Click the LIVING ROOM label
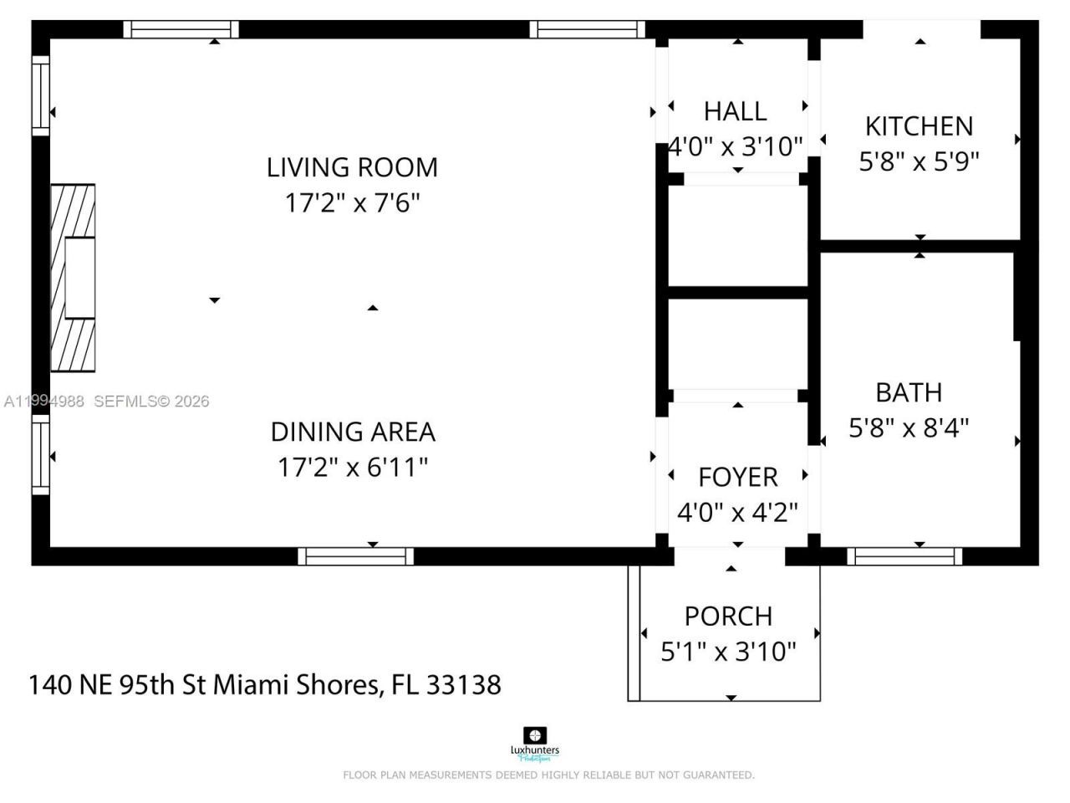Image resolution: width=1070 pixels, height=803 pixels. pyautogui.click(x=352, y=167)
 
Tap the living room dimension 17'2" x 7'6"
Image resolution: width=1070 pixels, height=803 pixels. pyautogui.click(x=352, y=203)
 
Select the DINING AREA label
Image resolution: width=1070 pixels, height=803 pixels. pyautogui.click(x=352, y=432)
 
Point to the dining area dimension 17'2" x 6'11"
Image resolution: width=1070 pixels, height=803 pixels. pyautogui.click(x=352, y=467)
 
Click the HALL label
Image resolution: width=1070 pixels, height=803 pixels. pyautogui.click(x=735, y=111)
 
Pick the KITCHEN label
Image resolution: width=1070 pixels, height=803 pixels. pyautogui.click(x=919, y=126)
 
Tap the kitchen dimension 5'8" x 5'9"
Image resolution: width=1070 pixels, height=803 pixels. pyautogui.click(x=919, y=161)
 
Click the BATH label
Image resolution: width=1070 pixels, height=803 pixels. pyautogui.click(x=909, y=392)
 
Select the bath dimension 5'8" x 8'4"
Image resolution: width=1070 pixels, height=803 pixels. pyautogui.click(x=909, y=428)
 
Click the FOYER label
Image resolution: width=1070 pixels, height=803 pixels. pyautogui.click(x=737, y=477)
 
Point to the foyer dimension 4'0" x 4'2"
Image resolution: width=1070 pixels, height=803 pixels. pyautogui.click(x=737, y=512)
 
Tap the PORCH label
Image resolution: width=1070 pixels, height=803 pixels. pyautogui.click(x=728, y=616)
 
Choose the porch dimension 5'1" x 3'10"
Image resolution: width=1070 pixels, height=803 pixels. pyautogui.click(x=728, y=652)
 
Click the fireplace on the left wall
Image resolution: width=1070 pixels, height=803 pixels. pyautogui.click(x=73, y=278)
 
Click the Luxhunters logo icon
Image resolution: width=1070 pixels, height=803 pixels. pyautogui.click(x=534, y=736)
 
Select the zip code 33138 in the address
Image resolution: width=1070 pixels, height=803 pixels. pyautogui.click(x=464, y=685)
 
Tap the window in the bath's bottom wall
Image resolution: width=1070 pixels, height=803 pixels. pyautogui.click(x=904, y=556)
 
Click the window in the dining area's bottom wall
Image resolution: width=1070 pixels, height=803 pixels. pyautogui.click(x=356, y=556)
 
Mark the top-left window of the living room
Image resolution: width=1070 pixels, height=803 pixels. pyautogui.click(x=181, y=29)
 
